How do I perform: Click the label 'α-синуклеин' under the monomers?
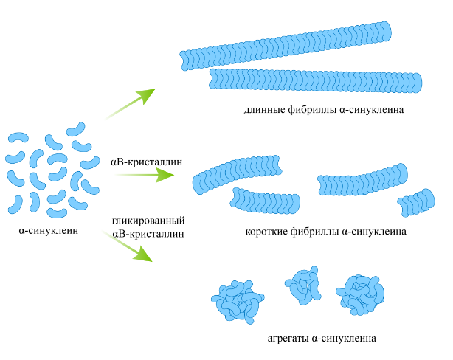[49, 231]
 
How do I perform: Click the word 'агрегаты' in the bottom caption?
[290, 339]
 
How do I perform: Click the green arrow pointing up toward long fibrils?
[131, 103]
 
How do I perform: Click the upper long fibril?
[287, 46]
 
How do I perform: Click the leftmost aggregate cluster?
[238, 300]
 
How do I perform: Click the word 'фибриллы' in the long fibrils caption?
[310, 110]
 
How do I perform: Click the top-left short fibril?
[228, 172]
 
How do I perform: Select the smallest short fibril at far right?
[418, 201]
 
